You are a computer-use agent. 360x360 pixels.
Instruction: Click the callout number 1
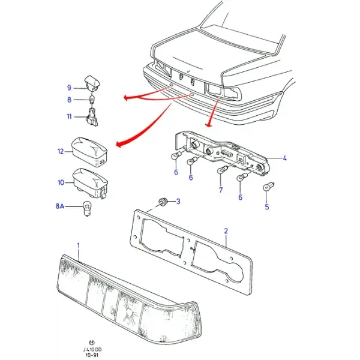78,245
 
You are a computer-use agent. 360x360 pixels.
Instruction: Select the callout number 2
226,231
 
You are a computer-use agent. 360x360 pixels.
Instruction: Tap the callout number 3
178,202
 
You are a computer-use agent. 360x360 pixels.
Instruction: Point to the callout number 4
284,158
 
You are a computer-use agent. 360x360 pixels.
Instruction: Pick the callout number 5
267,206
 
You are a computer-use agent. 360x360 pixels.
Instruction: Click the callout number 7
221,190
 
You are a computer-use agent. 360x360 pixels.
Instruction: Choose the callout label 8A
60,206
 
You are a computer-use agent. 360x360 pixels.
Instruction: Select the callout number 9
69,88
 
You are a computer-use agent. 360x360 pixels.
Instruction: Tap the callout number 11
69,116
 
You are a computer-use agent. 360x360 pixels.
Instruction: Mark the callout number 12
61,151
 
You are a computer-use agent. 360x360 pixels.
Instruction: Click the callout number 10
61,182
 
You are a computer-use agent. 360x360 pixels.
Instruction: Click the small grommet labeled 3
163,202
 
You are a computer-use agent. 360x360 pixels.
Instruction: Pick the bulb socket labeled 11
92,116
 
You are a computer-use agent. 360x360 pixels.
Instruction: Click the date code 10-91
92,355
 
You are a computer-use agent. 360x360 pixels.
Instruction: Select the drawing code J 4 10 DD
92,350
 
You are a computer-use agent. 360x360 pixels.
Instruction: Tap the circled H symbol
92,343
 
